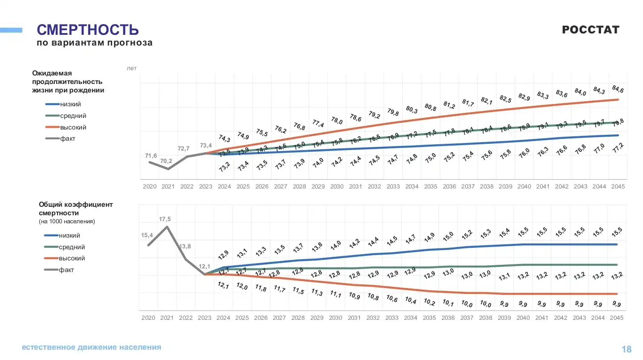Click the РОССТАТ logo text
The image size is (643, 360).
[x=590, y=30]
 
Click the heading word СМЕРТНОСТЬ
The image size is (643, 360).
[x=88, y=30]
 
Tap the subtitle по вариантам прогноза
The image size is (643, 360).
[x=94, y=43]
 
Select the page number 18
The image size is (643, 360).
[x=626, y=349]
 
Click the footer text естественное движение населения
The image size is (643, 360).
[x=92, y=347]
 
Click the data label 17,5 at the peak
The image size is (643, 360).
[x=165, y=219]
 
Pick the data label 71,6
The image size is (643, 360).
[x=151, y=155]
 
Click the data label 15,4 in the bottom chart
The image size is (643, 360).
[x=147, y=235]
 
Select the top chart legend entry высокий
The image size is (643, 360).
[x=73, y=127]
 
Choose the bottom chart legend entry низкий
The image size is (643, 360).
[x=70, y=235]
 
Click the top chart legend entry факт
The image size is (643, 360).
[x=68, y=138]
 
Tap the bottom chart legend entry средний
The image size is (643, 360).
[x=71, y=247]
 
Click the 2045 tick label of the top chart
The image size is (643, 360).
[x=618, y=186]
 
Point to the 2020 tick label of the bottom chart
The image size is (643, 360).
[x=148, y=318]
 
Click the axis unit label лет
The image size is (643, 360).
[x=132, y=68]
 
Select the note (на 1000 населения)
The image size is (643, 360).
[x=67, y=221]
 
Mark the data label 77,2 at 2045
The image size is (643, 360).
[x=618, y=148]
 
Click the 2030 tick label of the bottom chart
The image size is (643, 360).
[x=335, y=318]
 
